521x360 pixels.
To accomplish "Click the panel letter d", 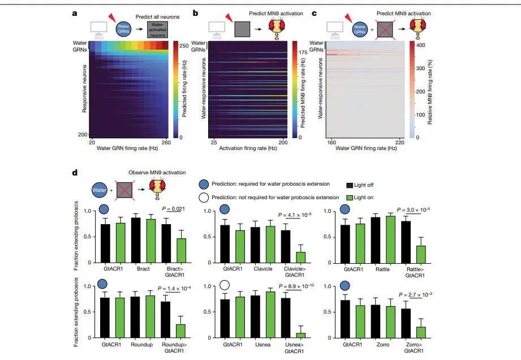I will pyautogui.click(x=75, y=171).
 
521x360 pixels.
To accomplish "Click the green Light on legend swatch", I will pyautogui.click(x=350, y=196).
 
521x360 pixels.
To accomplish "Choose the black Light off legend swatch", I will pyautogui.click(x=350, y=185).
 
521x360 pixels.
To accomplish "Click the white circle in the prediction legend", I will pyautogui.click(x=204, y=197).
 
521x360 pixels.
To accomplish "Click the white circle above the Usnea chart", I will pyautogui.click(x=225, y=285).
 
